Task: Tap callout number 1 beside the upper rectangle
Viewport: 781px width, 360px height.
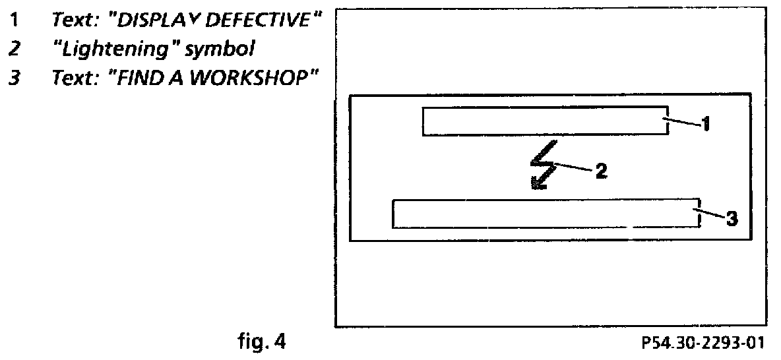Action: pyautogui.click(x=704, y=123)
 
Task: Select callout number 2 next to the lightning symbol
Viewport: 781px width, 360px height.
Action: pyautogui.click(x=601, y=171)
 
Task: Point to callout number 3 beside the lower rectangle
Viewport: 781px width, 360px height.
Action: pyautogui.click(x=731, y=218)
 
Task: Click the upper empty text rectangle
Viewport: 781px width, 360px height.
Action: pyautogui.click(x=545, y=121)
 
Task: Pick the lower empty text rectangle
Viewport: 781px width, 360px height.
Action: pyautogui.click(x=546, y=213)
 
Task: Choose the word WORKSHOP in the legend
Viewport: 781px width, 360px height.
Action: pyautogui.click(x=252, y=78)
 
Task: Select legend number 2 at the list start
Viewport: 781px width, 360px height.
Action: pyautogui.click(x=13, y=49)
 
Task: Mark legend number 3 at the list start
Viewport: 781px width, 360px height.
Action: pyautogui.click(x=13, y=78)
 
